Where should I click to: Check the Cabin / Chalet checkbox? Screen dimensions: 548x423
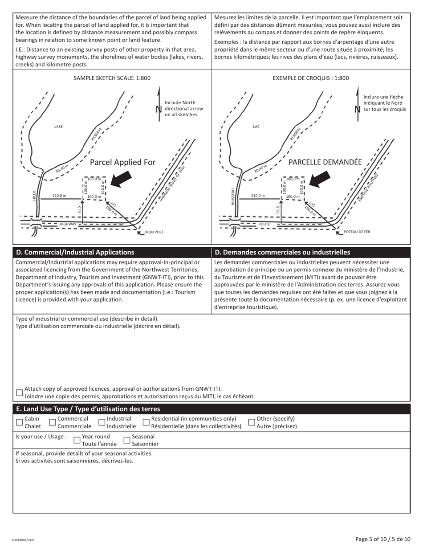pos(19,422)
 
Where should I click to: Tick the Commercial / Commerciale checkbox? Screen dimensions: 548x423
pos(53,422)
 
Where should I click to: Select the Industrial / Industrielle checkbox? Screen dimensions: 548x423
pos(102,422)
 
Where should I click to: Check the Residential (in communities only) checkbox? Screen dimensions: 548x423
pos(146,422)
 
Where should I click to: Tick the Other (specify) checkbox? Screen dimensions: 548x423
pos(252,422)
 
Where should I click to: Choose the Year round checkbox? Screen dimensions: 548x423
pos(77,440)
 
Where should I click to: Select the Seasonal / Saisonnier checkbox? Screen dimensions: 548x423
pos(127,440)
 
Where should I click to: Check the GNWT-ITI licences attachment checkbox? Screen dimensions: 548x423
pos(19,393)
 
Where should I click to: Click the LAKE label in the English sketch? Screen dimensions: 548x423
pos(58,127)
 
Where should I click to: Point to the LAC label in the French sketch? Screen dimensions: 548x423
pos(256,127)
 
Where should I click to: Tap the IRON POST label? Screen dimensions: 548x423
pos(154,232)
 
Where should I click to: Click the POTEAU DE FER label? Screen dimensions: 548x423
pos(357,232)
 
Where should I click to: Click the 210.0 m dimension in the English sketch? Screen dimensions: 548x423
pos(59,196)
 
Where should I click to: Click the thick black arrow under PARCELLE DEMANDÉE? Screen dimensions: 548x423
pos(319,179)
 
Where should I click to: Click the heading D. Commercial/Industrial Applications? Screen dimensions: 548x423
pos(75,252)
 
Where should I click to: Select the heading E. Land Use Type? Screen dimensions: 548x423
pos(88,409)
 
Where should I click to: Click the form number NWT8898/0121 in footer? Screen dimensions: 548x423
pos(24,540)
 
